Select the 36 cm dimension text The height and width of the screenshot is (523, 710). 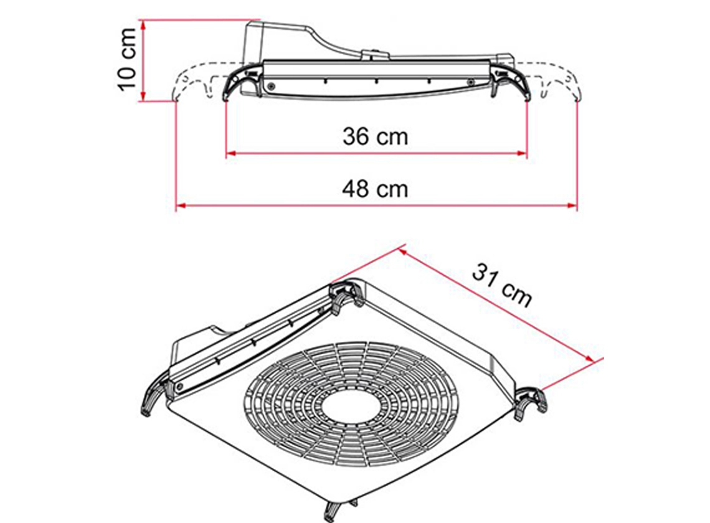376,136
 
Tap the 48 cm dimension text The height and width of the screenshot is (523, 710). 376,188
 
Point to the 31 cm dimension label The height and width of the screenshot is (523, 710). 502,285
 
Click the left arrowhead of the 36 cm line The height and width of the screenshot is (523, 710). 230,153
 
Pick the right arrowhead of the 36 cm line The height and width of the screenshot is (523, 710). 523,153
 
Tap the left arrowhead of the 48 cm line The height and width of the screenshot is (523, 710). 181,205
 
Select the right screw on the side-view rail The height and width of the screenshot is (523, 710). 471,82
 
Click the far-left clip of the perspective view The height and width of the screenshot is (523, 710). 153,398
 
